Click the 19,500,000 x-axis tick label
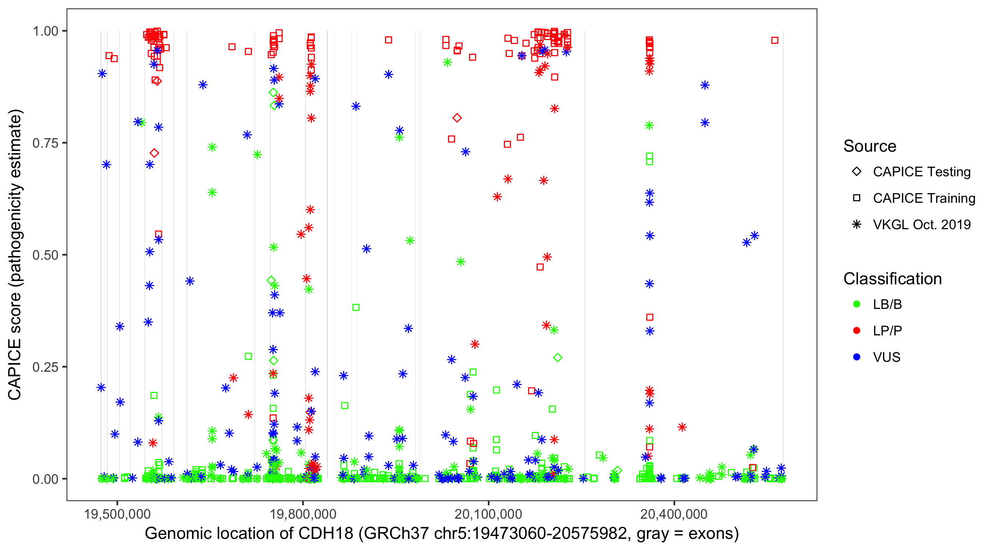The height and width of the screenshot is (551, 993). pos(117,514)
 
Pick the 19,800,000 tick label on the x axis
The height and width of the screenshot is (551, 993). pos(303,514)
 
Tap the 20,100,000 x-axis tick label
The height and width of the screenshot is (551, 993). pos(488,514)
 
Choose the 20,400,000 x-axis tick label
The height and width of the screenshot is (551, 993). pos(674,514)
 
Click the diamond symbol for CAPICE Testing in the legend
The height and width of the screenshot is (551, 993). pos(857,172)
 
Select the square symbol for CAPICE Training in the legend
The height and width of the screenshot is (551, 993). pos(857,198)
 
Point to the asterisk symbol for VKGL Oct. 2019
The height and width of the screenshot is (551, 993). pos(857,224)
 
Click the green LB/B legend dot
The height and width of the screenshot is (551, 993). pos(857,305)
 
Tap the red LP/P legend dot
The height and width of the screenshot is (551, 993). pos(857,331)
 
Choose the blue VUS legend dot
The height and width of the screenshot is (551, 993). pos(857,357)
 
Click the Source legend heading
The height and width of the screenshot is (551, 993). pos(870,146)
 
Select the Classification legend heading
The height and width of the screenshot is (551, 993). pos(892,279)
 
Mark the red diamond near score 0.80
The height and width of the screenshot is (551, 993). pos(457,118)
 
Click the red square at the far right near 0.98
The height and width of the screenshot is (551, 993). pos(775,40)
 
